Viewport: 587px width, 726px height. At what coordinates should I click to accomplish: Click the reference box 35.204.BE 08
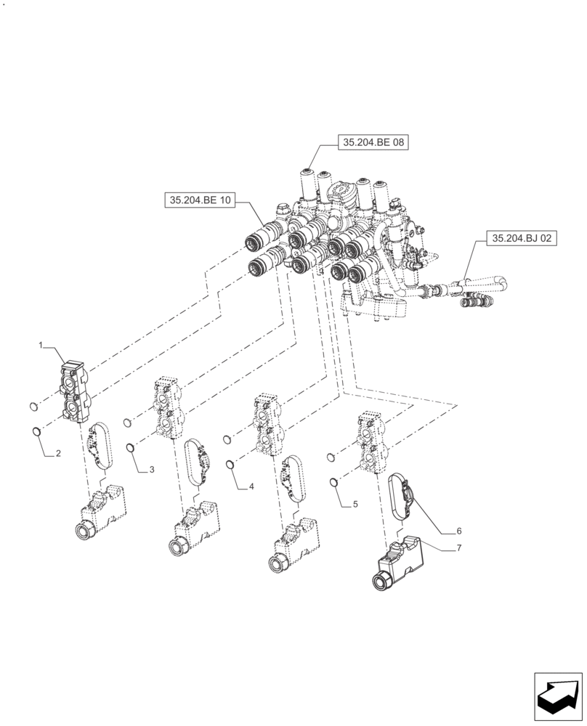click(x=373, y=144)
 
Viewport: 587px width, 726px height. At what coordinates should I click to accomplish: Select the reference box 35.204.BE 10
click(x=200, y=200)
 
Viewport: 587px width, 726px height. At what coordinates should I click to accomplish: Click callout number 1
click(x=41, y=346)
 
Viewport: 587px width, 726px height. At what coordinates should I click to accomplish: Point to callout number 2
click(x=59, y=454)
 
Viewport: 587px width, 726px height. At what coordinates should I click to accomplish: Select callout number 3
click(x=152, y=470)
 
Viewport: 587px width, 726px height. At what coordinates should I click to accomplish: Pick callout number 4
click(x=251, y=486)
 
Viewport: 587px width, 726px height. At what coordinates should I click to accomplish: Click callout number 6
click(x=458, y=531)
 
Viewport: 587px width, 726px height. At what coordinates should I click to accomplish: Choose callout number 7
click(x=458, y=549)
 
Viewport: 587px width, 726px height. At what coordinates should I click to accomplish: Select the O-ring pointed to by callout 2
click(x=35, y=433)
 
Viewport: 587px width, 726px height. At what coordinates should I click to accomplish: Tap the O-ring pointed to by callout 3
click(x=130, y=448)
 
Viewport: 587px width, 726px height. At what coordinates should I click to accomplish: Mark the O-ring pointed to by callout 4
click(x=230, y=465)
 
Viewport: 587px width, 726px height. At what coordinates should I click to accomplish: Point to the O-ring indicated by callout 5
click(x=333, y=481)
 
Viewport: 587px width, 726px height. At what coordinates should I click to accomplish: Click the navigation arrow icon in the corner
click(x=557, y=697)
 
